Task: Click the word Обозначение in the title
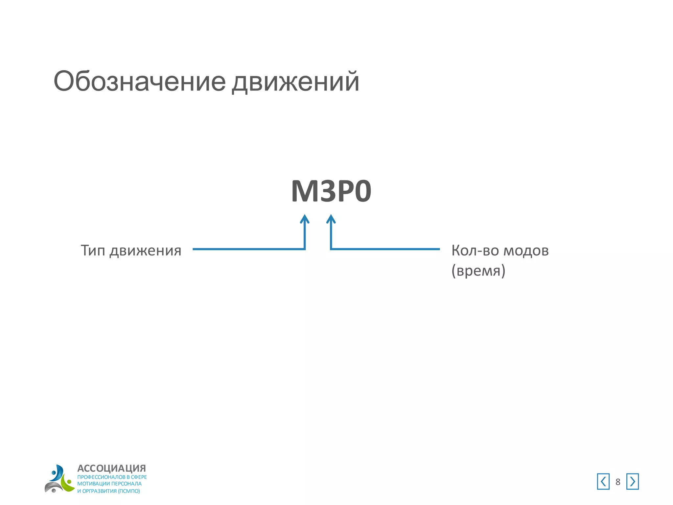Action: point(140,81)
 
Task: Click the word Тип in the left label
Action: point(93,251)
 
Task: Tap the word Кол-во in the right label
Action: point(475,251)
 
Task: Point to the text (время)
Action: point(478,271)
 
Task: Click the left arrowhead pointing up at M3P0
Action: point(305,219)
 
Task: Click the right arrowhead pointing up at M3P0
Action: point(331,219)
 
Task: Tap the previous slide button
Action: point(603,482)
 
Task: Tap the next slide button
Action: point(632,482)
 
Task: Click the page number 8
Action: point(618,482)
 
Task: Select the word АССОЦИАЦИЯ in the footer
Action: point(111,468)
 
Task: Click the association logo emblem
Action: point(59,479)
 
